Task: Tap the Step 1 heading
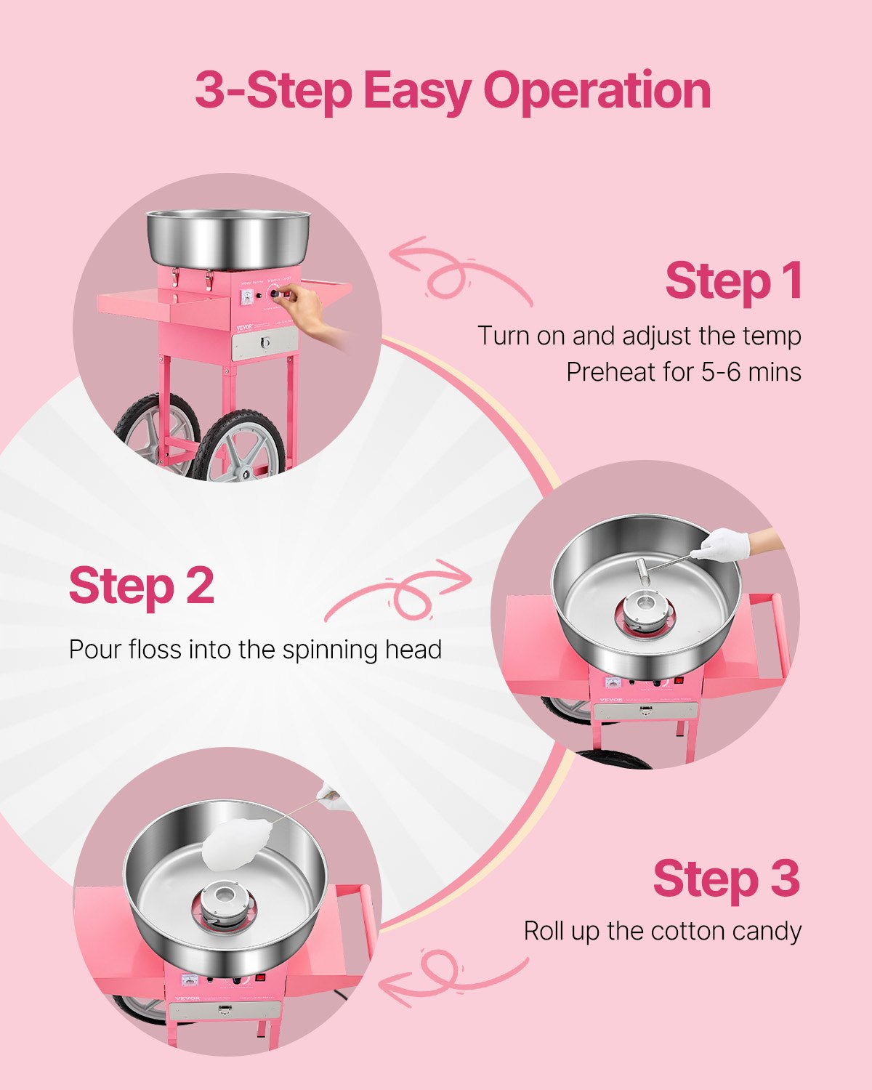click(732, 281)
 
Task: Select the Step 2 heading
click(142, 586)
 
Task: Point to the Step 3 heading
click(726, 879)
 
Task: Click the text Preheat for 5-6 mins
click(683, 372)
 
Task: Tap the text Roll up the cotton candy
click(662, 931)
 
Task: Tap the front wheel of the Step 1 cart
click(240, 445)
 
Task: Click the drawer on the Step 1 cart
click(265, 342)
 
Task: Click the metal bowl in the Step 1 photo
click(228, 237)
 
